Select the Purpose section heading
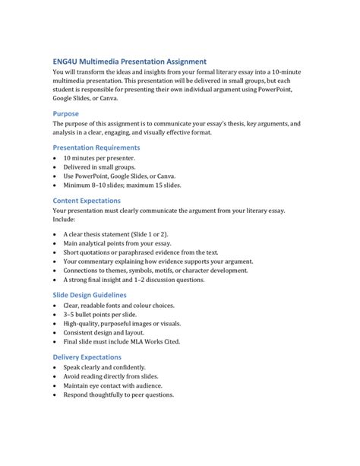pos(71,110)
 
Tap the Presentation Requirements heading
pos(96,147)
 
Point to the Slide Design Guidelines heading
pos(89,294)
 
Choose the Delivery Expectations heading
pos(87,356)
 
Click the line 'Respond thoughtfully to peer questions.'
pos(119,395)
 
